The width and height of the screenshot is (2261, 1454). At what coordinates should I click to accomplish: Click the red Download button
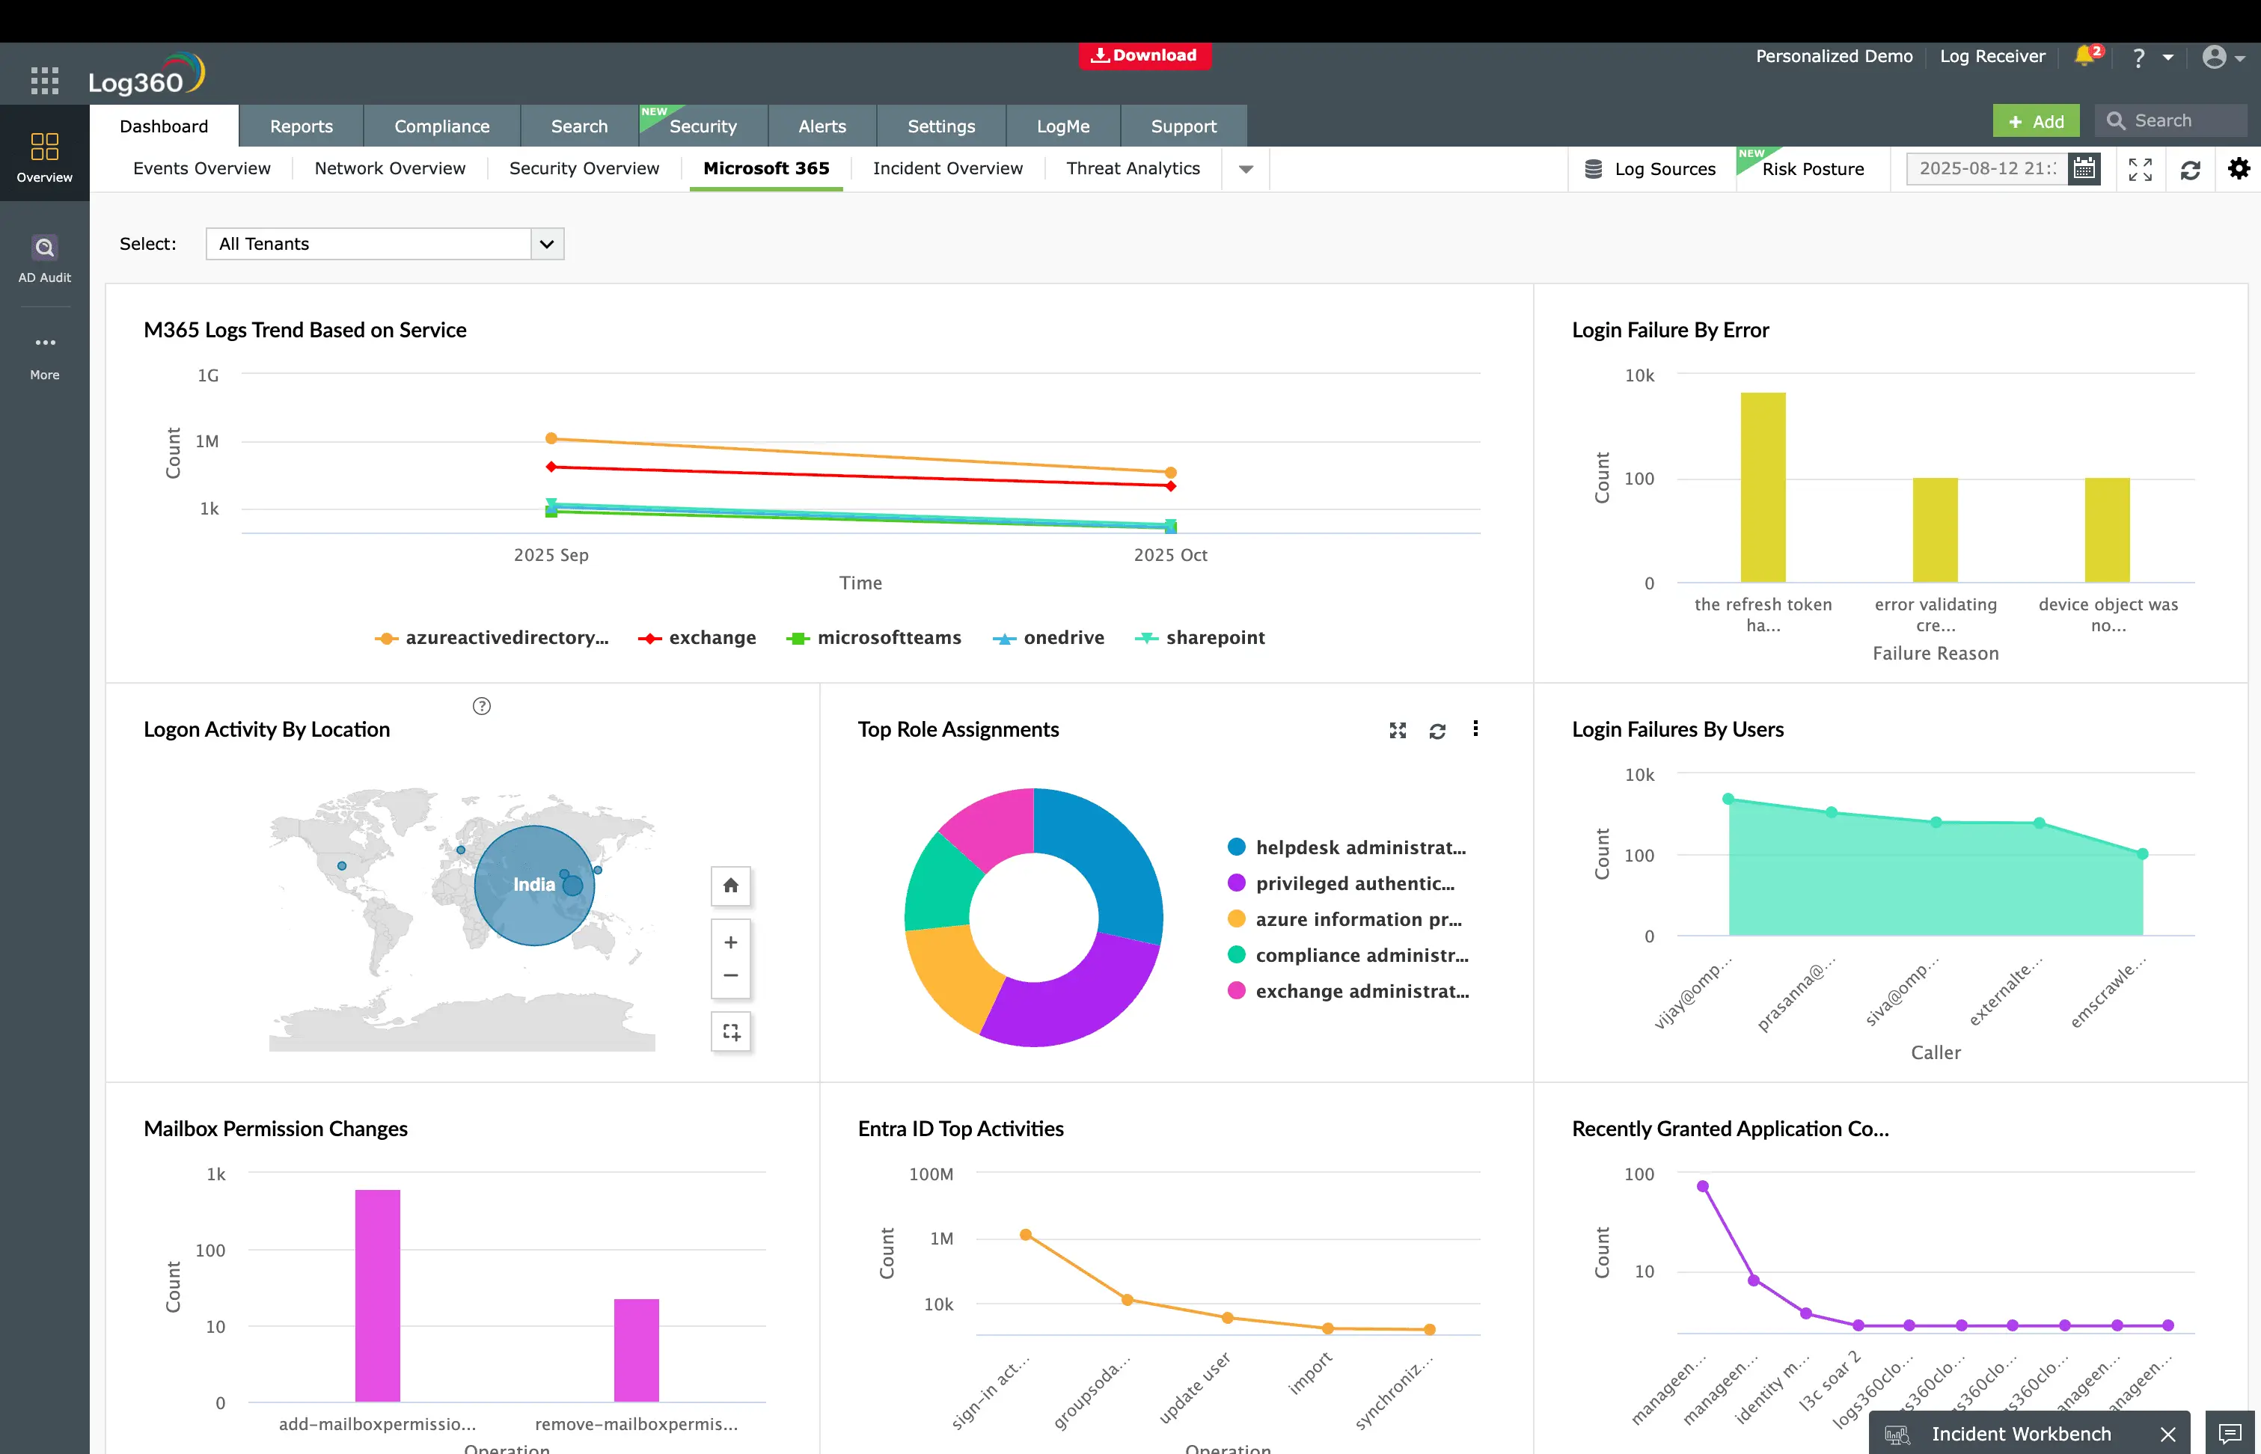(1144, 55)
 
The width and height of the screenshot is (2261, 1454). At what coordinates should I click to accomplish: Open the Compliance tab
(441, 126)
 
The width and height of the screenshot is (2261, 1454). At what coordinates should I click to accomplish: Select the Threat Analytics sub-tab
(1133, 168)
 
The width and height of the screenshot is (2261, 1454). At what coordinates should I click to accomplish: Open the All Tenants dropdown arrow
(546, 244)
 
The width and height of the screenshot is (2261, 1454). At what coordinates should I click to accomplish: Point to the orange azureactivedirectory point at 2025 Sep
(551, 438)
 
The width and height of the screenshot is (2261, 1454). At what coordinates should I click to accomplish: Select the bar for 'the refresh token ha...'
(1762, 487)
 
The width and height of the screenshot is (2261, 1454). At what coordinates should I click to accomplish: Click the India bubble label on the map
(533, 885)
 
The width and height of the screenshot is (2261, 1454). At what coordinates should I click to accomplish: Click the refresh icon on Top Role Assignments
(1437, 731)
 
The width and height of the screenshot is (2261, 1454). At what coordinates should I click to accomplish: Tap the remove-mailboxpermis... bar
(636, 1350)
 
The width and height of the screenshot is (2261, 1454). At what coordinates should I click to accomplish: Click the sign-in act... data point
(1026, 1235)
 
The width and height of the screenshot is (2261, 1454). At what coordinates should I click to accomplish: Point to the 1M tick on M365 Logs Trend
(206, 442)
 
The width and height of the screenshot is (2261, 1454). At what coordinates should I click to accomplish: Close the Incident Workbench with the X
(2167, 1434)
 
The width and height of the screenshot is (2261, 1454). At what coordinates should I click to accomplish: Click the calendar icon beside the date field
(2084, 169)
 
